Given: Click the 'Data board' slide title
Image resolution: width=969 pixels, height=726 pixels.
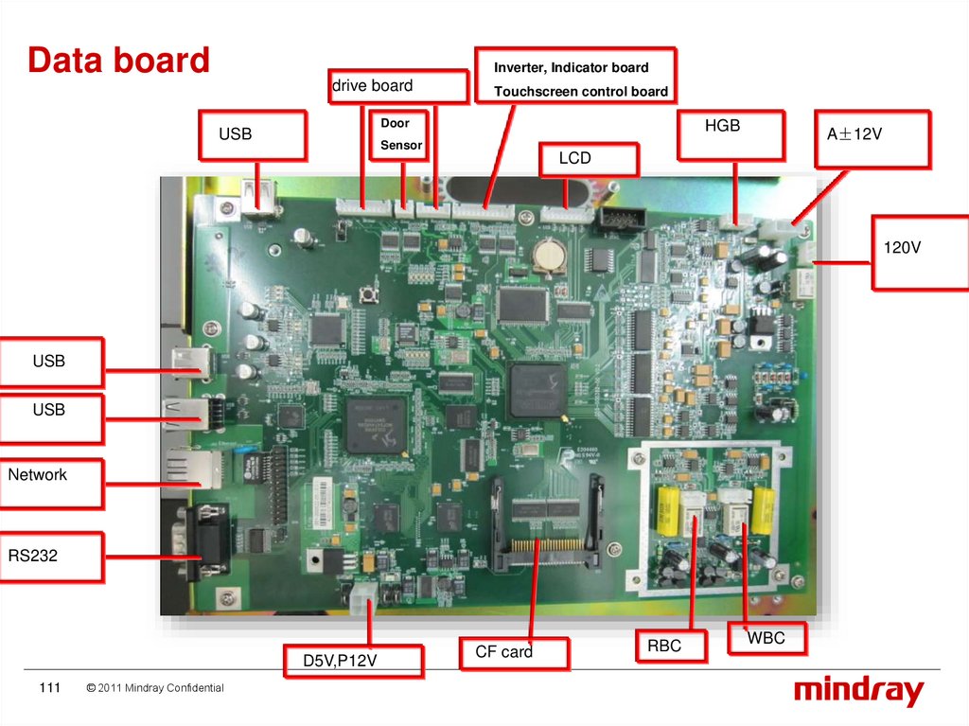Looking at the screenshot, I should coord(118,61).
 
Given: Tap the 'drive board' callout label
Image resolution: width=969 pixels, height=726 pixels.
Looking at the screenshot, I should coord(398,86).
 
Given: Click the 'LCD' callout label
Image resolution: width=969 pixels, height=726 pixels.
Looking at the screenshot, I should coord(588,159).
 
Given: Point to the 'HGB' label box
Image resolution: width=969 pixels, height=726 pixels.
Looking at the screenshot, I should coord(731,134).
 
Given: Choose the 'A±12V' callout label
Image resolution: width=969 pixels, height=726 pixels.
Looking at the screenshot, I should coord(872,138).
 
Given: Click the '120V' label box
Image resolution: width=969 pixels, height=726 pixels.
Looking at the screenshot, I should coord(918,252).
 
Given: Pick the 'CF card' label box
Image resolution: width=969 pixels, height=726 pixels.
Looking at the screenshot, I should coord(514,653).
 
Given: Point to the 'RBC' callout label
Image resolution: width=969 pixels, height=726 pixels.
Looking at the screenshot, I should coord(671,646).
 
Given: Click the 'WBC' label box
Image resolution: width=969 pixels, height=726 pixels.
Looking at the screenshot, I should coord(767,638).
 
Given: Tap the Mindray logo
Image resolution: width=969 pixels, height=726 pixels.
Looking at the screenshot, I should coord(858,690).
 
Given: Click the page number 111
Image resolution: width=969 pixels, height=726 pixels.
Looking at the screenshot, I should coord(49,687).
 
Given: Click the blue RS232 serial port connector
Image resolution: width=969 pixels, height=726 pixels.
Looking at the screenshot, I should coord(203,542).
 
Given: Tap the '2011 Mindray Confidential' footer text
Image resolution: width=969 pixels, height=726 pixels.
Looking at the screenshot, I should coord(154,688).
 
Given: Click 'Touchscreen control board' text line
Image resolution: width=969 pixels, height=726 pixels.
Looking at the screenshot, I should coord(580,92).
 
